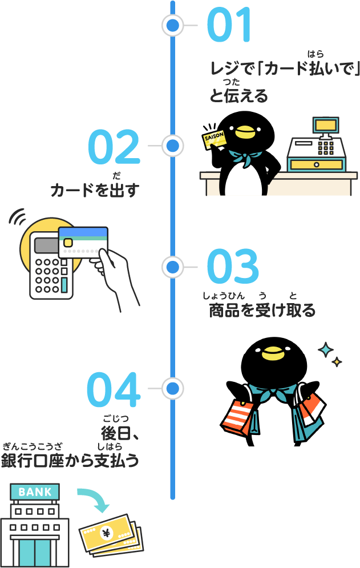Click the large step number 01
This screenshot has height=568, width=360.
pyautogui.click(x=229, y=25)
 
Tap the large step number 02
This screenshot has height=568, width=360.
pyautogui.click(x=114, y=147)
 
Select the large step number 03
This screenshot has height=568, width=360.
pyautogui.click(x=233, y=266)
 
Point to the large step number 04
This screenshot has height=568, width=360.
pyautogui.click(x=114, y=390)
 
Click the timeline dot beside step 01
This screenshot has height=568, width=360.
pyautogui.click(x=173, y=25)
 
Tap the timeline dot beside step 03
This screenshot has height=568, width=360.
pyautogui.click(x=173, y=267)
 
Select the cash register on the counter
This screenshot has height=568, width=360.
pyautogui.click(x=317, y=145)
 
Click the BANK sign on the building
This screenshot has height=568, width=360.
pyautogui.click(x=35, y=492)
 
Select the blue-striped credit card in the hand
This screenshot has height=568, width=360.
pyautogui.click(x=83, y=242)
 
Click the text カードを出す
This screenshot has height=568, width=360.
pyautogui.click(x=95, y=190)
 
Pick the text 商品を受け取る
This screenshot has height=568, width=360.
pyautogui.click(x=262, y=311)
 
